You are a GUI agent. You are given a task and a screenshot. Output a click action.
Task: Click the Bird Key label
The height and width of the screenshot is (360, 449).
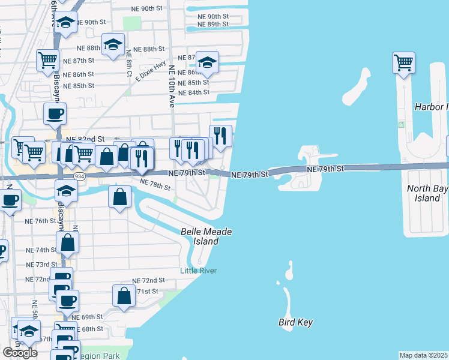(295, 322)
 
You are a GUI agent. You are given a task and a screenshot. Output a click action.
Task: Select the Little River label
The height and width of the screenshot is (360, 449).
(198, 271)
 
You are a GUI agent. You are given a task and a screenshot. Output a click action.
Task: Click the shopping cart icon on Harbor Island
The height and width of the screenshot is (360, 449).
(404, 62)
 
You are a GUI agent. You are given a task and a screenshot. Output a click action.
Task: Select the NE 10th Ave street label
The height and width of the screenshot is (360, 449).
(172, 86)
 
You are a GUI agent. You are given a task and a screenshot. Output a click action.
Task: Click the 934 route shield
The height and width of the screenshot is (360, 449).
(79, 176)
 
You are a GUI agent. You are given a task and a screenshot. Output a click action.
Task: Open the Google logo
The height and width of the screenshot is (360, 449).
(20, 353)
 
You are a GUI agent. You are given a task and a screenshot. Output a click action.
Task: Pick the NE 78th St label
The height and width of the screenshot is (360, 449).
(155, 185)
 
